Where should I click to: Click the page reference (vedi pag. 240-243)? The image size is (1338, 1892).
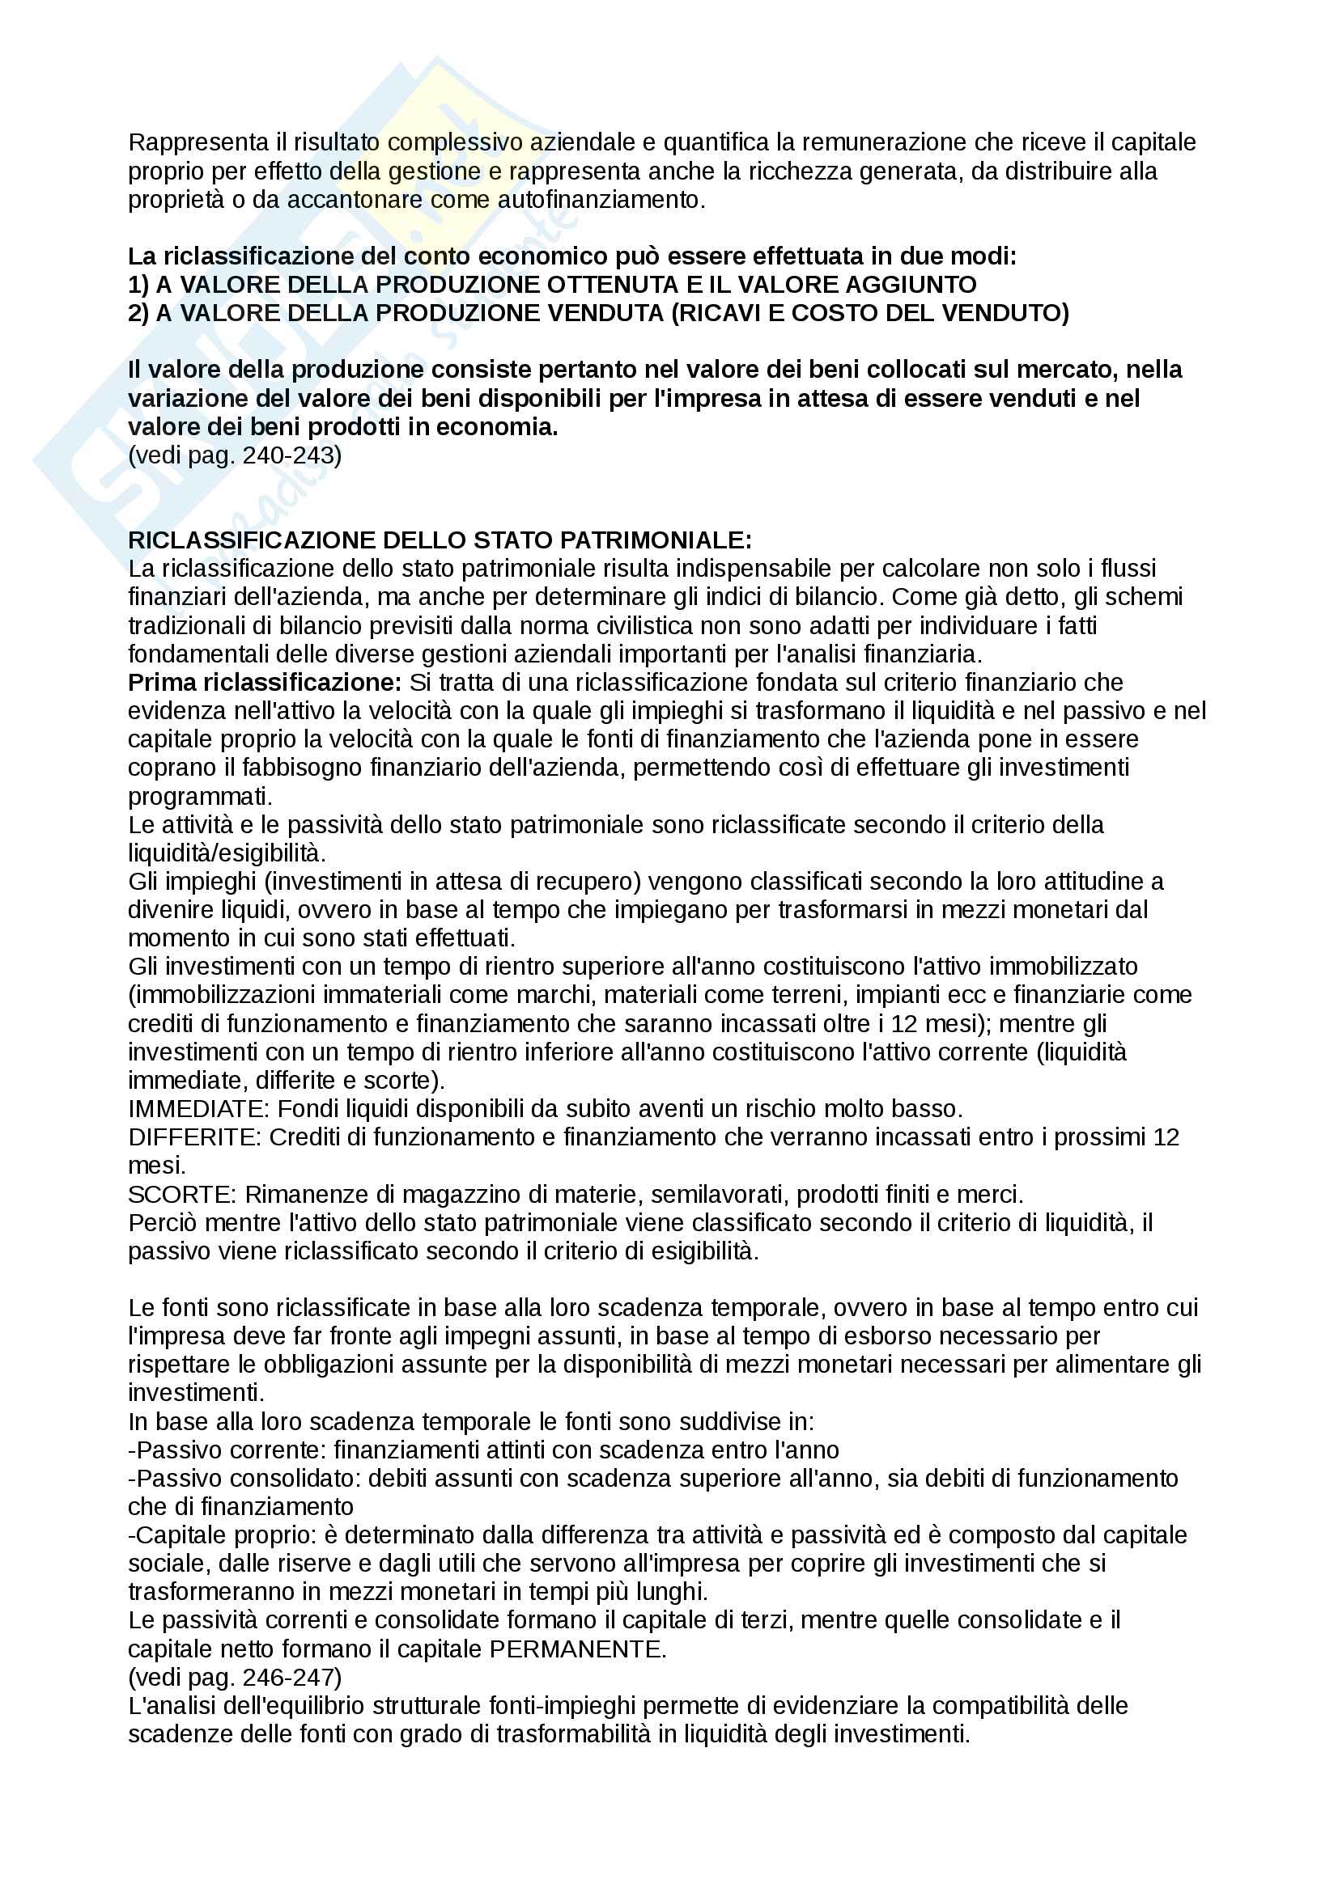click(x=235, y=455)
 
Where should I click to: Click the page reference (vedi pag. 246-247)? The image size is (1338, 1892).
click(x=235, y=1678)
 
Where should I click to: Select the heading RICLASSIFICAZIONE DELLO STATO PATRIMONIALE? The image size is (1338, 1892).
click(x=440, y=540)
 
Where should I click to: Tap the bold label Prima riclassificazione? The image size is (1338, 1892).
click(x=265, y=684)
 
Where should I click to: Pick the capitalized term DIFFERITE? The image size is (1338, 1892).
click(x=195, y=1138)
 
